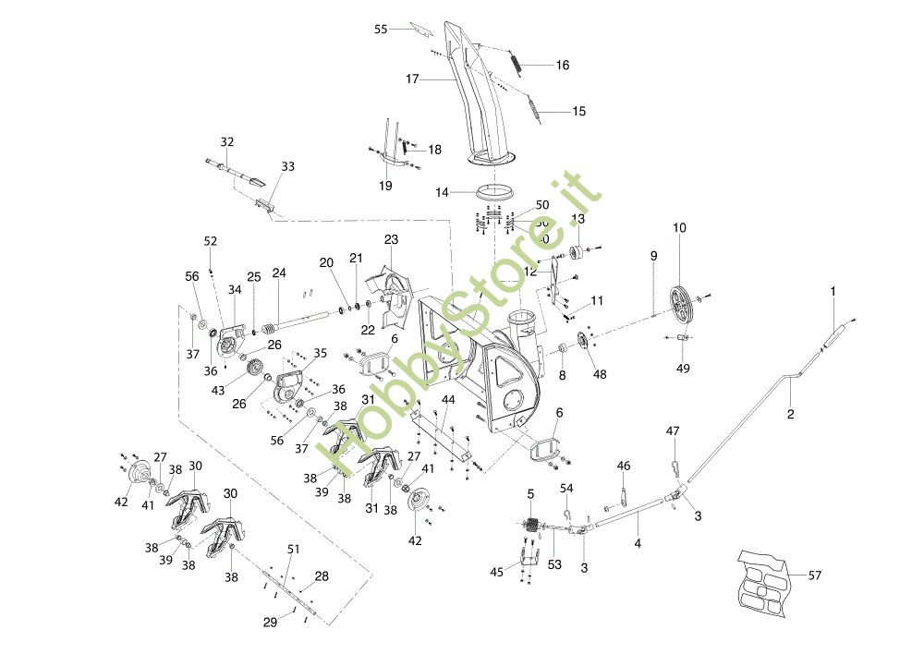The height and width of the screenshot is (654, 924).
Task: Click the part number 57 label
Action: click(x=815, y=575)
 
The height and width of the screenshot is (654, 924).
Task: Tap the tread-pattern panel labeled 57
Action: click(x=765, y=582)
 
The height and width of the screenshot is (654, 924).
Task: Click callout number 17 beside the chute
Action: click(x=412, y=79)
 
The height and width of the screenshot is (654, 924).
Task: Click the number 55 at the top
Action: click(x=381, y=30)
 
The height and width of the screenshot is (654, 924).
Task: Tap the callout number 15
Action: click(x=578, y=112)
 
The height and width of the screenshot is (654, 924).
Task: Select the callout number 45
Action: click(x=497, y=573)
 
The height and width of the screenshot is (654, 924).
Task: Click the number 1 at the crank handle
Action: click(x=833, y=291)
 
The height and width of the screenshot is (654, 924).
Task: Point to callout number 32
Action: click(x=227, y=142)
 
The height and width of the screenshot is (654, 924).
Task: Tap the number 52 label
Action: click(x=211, y=241)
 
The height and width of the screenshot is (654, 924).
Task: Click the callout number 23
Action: click(x=391, y=239)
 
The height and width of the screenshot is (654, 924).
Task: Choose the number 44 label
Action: click(x=448, y=399)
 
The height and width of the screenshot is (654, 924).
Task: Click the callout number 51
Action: click(x=293, y=550)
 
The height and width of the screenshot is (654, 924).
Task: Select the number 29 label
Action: click(x=270, y=623)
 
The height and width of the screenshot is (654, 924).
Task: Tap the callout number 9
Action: click(x=652, y=256)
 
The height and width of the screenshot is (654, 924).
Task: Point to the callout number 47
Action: click(x=673, y=430)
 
